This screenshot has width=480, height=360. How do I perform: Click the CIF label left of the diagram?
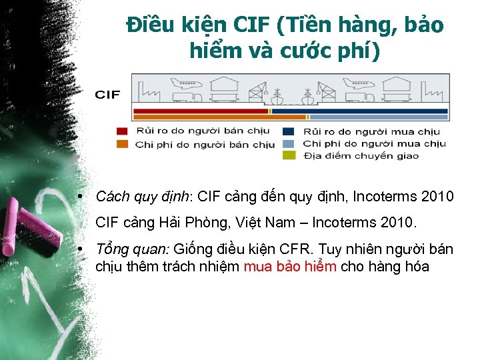[x=107, y=94]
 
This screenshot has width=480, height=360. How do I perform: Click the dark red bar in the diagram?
[x=200, y=111]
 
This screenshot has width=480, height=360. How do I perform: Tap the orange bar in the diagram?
[x=200, y=117]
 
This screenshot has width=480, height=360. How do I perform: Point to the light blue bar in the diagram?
[x=380, y=117]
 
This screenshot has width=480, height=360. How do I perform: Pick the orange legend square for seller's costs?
[x=122, y=144]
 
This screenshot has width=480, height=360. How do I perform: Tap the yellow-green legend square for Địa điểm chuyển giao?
[x=289, y=155]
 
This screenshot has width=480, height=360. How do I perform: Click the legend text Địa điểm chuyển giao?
[x=361, y=156]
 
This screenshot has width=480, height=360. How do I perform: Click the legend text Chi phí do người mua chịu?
[x=374, y=144]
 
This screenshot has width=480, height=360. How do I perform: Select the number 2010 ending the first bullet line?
[x=436, y=197]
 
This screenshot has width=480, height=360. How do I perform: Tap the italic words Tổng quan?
[x=133, y=250]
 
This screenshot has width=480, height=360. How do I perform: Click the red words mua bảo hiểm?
[x=290, y=267]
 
